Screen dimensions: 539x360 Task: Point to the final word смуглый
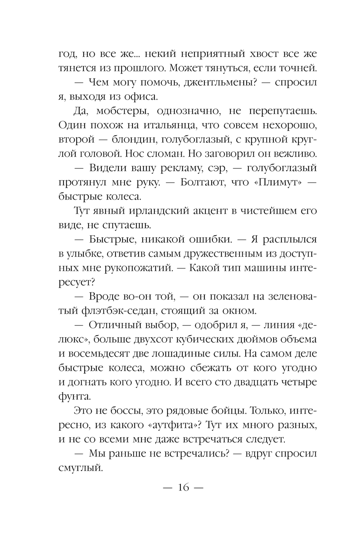[x=78, y=468]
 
